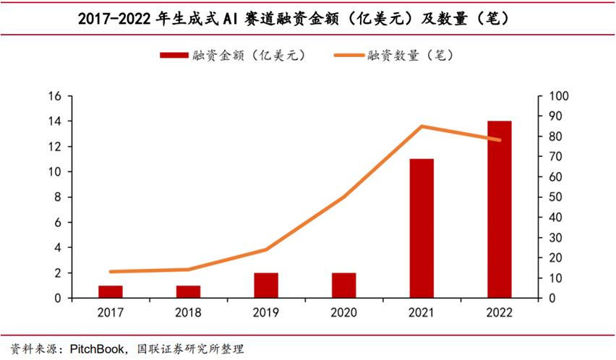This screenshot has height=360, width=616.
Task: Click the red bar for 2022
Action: pyautogui.click(x=499, y=210)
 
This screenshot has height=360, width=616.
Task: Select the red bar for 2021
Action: pyautogui.click(x=422, y=228)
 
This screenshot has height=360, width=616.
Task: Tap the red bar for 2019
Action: pyautogui.click(x=265, y=286)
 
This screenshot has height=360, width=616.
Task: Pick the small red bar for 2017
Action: pyautogui.click(x=111, y=291)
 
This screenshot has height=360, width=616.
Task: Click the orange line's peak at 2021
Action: pyautogui.click(x=422, y=127)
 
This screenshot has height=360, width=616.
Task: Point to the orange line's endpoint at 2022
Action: pyautogui.click(x=499, y=140)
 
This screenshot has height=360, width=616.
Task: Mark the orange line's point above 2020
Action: pyautogui.click(x=343, y=197)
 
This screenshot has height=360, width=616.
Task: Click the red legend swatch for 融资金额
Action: pyautogui.click(x=174, y=56)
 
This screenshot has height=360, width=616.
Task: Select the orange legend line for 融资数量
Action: pyautogui.click(x=348, y=56)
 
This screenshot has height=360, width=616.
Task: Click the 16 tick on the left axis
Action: pyautogui.click(x=54, y=96)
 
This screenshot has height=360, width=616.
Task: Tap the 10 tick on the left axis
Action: pyautogui.click(x=54, y=172)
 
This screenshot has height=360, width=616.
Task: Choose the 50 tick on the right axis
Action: pyautogui.click(x=557, y=197)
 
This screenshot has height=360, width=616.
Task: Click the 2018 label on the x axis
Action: pyautogui.click(x=188, y=312)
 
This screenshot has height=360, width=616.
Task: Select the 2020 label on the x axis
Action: pyautogui.click(x=343, y=312)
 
